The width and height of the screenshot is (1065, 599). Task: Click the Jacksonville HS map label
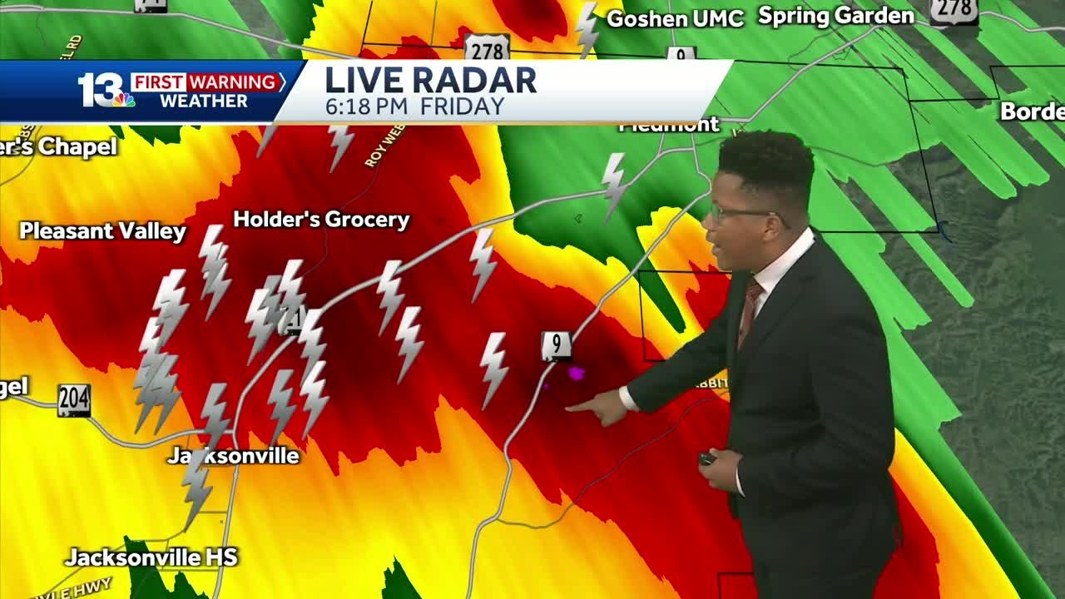(151, 557)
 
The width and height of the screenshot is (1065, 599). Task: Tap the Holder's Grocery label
(321, 220)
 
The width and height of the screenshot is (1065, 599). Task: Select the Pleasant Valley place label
(102, 231)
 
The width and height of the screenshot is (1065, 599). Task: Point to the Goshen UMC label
(675, 19)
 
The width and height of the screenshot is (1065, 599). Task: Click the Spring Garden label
(835, 16)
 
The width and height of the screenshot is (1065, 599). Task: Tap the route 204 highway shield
(74, 401)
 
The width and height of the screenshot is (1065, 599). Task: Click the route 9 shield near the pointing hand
(556, 345)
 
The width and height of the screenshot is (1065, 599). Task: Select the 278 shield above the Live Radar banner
(487, 47)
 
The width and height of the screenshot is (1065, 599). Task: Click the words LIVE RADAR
(430, 81)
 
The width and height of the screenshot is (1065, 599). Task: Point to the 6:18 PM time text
(367, 106)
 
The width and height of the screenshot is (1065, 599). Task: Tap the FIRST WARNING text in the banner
(204, 82)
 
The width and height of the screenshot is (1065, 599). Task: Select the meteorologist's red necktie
(749, 312)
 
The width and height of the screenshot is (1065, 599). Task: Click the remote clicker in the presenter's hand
(707, 458)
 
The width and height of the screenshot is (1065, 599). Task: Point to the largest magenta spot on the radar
(576, 374)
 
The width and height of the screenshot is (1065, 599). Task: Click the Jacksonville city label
(233, 456)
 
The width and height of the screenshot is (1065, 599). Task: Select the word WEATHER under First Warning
(203, 101)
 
